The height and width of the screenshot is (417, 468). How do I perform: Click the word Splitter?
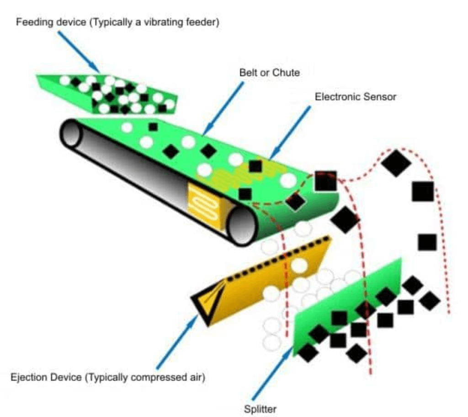click(x=260, y=408)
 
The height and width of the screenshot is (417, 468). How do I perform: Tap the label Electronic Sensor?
click(x=355, y=97)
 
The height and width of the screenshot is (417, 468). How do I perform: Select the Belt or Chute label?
click(x=270, y=72)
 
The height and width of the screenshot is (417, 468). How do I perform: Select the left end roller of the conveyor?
click(x=71, y=133)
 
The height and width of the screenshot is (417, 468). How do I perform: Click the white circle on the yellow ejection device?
click(x=299, y=265)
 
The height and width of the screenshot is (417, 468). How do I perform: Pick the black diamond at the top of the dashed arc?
click(x=396, y=162)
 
